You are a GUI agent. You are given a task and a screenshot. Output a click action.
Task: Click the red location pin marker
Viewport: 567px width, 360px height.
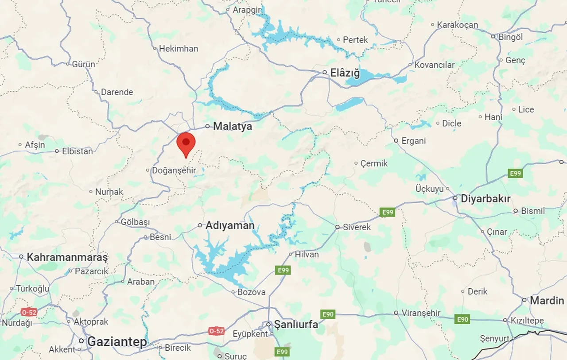[186, 143]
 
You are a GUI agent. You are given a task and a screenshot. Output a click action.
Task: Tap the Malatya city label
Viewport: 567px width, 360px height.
[233, 126]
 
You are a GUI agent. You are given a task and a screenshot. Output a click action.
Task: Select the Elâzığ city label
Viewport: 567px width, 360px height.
[345, 73]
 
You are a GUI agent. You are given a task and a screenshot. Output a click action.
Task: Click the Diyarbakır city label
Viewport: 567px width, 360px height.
[485, 199]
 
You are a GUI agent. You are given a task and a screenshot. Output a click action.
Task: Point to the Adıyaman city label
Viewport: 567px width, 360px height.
[230, 225]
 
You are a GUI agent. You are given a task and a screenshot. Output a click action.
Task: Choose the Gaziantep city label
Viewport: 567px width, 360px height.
[117, 341]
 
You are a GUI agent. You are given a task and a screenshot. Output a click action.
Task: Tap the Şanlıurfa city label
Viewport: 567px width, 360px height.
[296, 324]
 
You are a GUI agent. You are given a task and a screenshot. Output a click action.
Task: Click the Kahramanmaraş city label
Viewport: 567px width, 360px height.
[67, 257]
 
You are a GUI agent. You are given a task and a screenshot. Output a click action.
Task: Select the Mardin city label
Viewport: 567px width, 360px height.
[547, 301]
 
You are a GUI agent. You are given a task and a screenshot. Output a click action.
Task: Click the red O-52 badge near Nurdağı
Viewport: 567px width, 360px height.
[29, 312]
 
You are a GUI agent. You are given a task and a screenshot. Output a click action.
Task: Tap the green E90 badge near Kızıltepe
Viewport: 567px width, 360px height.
[462, 319]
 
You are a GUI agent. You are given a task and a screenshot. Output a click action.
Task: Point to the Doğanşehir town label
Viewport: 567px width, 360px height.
[174, 170]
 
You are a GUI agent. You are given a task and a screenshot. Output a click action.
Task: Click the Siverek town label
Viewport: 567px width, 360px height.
[357, 227]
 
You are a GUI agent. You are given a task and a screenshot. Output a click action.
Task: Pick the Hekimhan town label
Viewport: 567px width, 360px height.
[179, 48]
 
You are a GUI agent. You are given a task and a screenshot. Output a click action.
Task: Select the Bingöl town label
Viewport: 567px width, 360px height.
[511, 37]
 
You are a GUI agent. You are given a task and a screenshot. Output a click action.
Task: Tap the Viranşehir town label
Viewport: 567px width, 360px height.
[421, 313]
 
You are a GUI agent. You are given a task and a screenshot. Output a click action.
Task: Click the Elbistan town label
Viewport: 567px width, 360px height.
[78, 151]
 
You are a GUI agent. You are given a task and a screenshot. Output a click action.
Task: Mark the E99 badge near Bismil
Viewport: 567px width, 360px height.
[515, 173]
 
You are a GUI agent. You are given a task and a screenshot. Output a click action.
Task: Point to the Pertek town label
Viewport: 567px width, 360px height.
[355, 40]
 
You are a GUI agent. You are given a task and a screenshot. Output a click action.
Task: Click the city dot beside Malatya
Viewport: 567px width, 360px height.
[207, 126]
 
